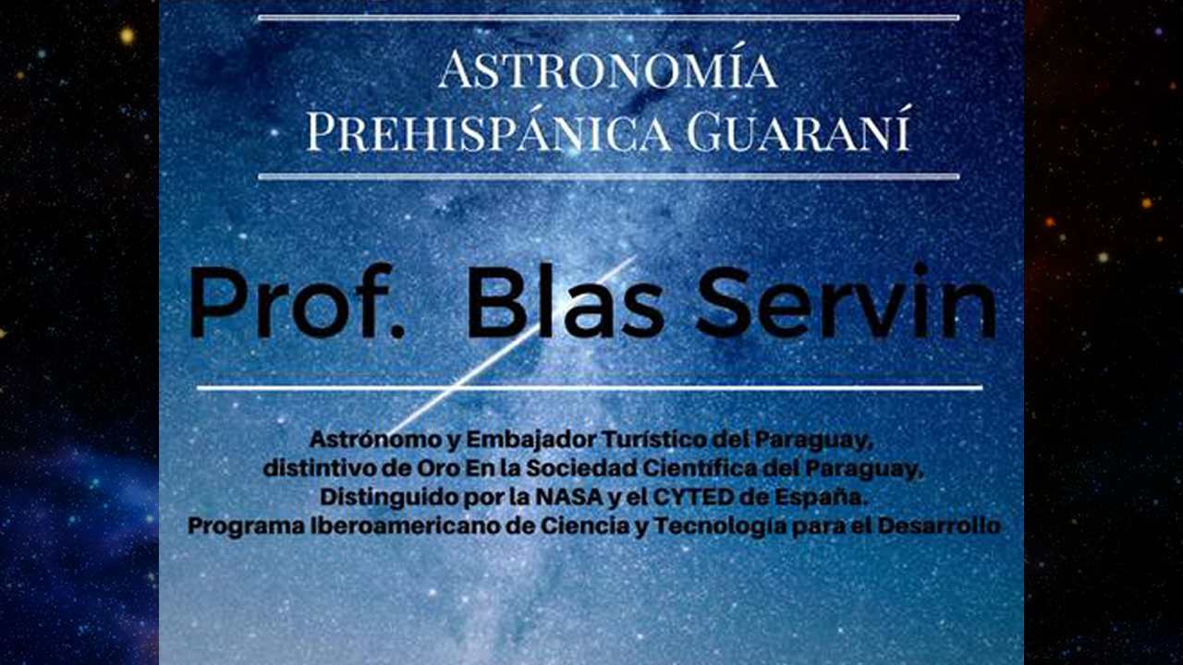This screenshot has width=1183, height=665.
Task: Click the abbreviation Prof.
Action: pos(298,301)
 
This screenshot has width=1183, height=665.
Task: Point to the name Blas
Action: pos(565,301)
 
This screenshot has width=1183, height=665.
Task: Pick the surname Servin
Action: pos(846,301)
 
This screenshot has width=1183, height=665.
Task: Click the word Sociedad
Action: pos(584,468)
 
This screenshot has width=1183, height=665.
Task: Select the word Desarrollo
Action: pos(939,526)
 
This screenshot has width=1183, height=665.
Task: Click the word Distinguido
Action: pos(389,499)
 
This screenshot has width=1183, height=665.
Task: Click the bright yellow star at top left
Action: pos(127,36)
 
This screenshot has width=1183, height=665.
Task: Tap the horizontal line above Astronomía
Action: pos(608,18)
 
